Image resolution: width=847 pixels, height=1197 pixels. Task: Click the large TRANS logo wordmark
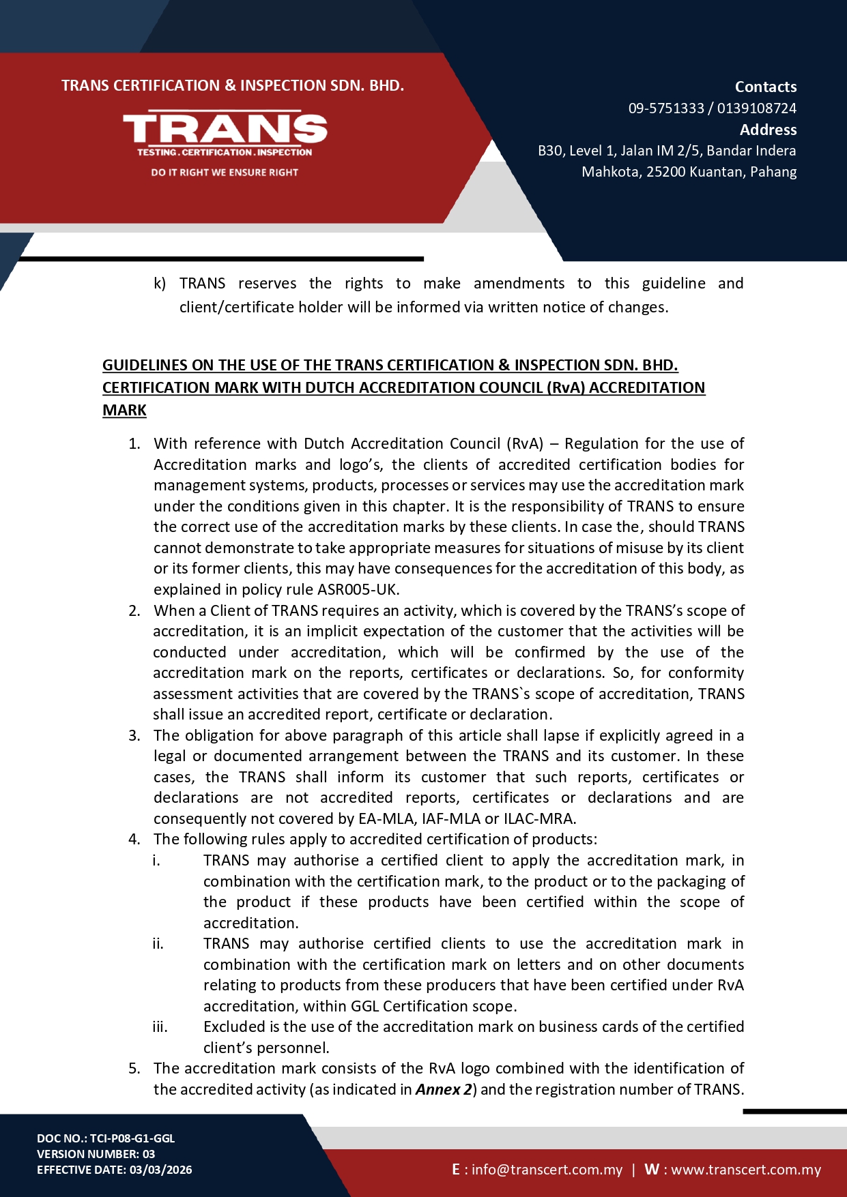tap(225, 129)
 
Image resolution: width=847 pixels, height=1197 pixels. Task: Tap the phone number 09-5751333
tap(665, 108)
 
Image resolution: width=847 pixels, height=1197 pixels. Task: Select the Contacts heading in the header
tap(765, 87)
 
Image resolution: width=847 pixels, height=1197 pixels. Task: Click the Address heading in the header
tap(768, 130)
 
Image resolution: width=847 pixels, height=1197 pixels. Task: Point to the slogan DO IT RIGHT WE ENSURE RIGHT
tap(225, 173)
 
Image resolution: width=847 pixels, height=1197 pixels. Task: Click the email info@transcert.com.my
tap(547, 1170)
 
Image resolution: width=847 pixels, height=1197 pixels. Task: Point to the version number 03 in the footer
tap(148, 1154)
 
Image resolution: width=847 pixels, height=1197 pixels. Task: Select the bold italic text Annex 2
tap(444, 1089)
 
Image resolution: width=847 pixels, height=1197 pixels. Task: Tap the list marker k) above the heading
tap(160, 284)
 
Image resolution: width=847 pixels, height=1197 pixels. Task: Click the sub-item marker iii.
tap(160, 1027)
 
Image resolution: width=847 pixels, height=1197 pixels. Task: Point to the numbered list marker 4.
tap(134, 840)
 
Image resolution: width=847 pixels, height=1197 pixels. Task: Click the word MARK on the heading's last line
tap(124, 411)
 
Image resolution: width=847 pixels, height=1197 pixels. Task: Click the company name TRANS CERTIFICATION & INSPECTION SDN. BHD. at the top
tap(233, 86)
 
